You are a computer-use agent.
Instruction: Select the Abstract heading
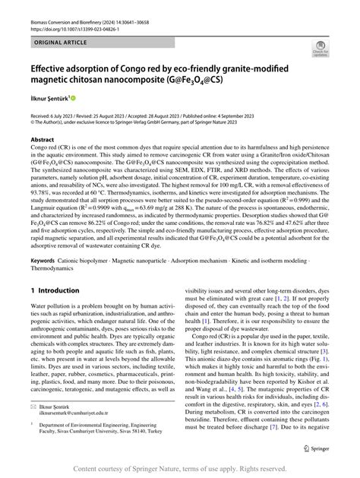click(x=42, y=141)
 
